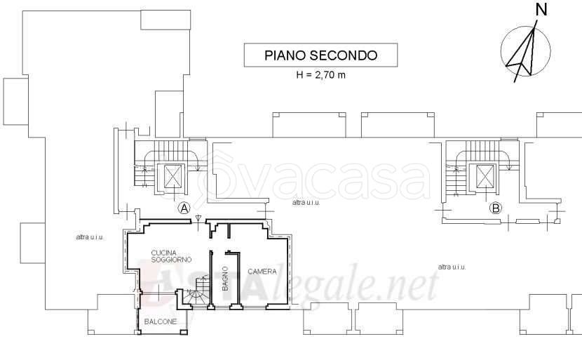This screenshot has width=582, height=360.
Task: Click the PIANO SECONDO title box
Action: pos(320,55)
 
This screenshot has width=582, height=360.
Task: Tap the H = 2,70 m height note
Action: pos(320,74)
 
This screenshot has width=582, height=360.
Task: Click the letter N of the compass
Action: pos(541,10)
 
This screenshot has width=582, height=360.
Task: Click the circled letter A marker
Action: pos(184,208)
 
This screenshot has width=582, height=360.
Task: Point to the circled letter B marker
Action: pos(496,208)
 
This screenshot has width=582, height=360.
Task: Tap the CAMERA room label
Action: pos(262,272)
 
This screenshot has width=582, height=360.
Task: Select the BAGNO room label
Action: pos(225,279)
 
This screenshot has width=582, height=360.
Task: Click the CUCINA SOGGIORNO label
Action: pos(171,256)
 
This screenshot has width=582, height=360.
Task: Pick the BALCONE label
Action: pos(161,321)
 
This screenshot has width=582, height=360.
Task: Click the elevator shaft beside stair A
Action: pos(174,176)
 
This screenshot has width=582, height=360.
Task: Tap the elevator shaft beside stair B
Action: pos(485,176)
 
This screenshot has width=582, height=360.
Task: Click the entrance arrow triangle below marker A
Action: pos(198,218)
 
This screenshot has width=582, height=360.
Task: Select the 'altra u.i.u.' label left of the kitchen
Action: pos(90,237)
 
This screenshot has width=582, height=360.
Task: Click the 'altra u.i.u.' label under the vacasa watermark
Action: pos(306,203)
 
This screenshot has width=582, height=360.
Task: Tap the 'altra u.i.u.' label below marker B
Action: pos(452,267)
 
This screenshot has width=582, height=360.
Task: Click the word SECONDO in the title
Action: pos(344,55)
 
